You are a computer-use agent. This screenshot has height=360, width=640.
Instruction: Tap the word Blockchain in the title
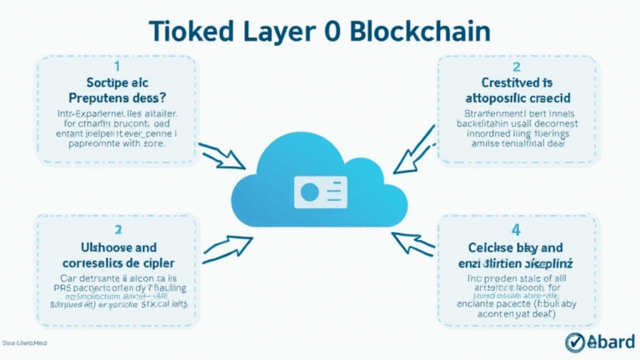[419, 30]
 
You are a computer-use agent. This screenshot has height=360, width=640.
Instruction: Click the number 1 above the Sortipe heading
[116, 65]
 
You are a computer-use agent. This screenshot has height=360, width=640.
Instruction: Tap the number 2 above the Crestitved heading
[516, 66]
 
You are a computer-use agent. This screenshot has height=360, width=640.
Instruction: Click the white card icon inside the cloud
[320, 192]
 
